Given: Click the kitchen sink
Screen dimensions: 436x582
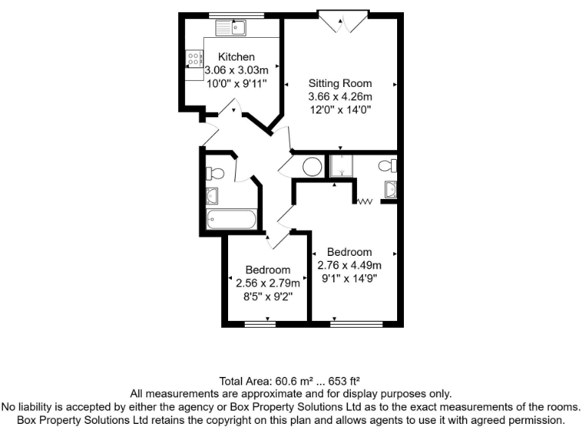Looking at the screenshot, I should pos(232,29).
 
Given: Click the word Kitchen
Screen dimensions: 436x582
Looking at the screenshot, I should pos(236,57).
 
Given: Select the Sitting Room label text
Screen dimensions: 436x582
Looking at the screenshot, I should pos(339,83).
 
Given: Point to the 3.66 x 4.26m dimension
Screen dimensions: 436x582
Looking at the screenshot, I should pos(340,96).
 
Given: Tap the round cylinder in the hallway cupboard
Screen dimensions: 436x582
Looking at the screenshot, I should pos(311,167).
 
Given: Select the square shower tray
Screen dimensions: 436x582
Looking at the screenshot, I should pos(342,166).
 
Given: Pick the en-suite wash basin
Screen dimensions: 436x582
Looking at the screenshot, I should pos(390,190).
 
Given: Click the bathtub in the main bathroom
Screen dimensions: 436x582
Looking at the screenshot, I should pos(231,220).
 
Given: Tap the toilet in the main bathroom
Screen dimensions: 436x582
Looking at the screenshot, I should pos(213,173).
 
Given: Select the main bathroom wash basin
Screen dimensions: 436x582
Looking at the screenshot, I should pos(212,197).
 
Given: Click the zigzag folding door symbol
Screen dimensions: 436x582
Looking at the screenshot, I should pos(365,201).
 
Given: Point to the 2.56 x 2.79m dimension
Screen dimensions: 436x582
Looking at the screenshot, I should pos(268,283).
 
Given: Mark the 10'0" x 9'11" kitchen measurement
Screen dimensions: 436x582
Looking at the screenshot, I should pos(236,83).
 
